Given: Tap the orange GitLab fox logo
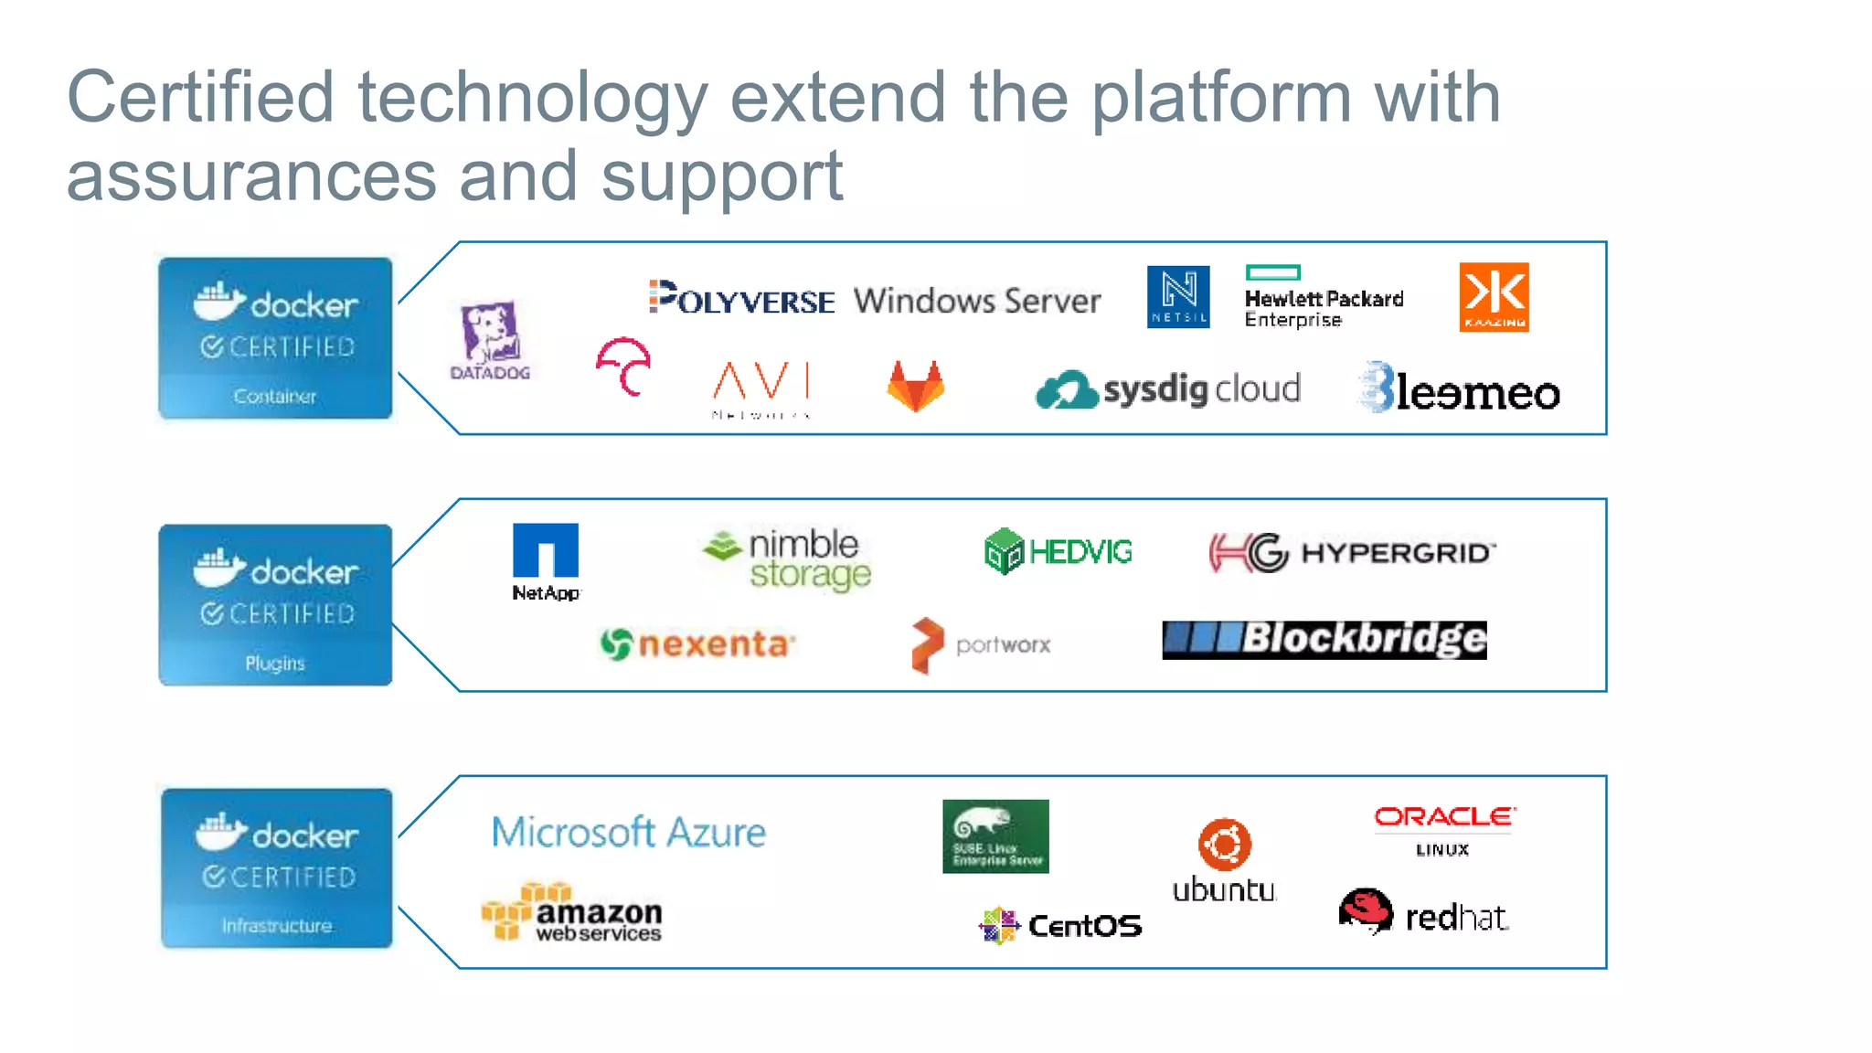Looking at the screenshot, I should [x=915, y=386].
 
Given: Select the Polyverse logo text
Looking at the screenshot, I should [x=741, y=298].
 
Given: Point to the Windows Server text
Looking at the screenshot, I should [x=976, y=301].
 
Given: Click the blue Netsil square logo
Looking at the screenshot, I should [x=1178, y=297].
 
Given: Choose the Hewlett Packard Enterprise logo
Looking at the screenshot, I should [x=1323, y=297].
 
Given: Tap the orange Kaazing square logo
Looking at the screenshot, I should [x=1494, y=297].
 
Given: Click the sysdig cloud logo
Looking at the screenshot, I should [x=1168, y=390].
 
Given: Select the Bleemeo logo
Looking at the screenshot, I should [x=1460, y=389].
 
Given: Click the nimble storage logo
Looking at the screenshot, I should [x=789, y=558].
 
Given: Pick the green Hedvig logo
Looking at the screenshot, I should [x=1058, y=551].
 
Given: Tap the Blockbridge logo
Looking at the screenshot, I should [x=1324, y=639].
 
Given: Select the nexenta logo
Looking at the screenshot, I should [x=697, y=644].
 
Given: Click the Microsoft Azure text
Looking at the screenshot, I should [x=629, y=832].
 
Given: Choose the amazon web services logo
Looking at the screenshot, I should [x=572, y=912].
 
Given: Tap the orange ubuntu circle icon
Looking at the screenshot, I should [x=1224, y=844].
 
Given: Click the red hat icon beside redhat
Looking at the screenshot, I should [x=1366, y=911].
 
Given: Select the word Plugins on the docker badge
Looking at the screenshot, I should [x=274, y=663].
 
